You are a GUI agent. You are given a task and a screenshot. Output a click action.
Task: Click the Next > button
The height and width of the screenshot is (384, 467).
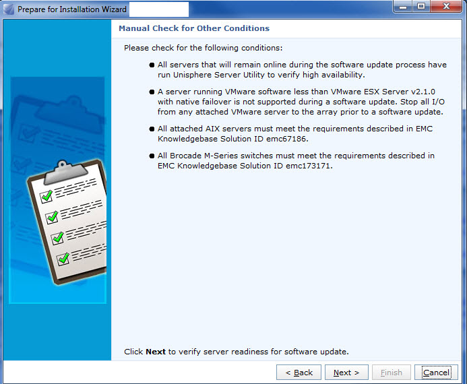[x=346, y=373]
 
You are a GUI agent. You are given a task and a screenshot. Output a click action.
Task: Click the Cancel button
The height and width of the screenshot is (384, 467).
[x=436, y=373]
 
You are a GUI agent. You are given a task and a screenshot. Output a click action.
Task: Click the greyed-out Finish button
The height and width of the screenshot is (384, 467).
[x=391, y=373]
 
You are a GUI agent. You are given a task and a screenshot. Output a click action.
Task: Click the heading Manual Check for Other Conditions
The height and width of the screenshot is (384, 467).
[x=194, y=28]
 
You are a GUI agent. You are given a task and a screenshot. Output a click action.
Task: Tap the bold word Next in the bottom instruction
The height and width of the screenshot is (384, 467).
[x=156, y=352]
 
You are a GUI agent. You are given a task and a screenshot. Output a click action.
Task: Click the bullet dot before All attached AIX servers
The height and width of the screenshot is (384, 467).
[x=152, y=127]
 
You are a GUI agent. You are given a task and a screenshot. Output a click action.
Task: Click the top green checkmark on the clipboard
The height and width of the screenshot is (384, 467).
[x=47, y=196]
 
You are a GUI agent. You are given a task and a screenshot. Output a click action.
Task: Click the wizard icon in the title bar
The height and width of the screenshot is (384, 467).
[x=9, y=9]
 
